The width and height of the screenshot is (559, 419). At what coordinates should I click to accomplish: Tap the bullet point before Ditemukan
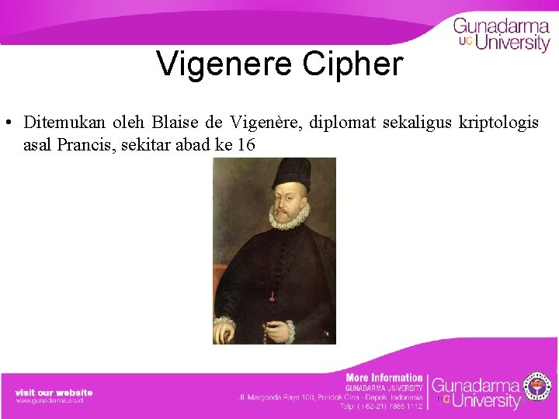tap(6, 123)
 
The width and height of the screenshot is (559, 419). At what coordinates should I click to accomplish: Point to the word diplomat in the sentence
tap(342, 123)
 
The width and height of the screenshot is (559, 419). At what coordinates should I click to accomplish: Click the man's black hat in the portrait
tap(292, 174)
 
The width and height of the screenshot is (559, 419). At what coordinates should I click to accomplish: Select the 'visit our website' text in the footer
tap(54, 393)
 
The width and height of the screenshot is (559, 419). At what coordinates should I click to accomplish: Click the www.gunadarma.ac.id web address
tap(49, 401)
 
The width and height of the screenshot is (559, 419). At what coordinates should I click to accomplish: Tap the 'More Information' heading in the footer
tap(384, 378)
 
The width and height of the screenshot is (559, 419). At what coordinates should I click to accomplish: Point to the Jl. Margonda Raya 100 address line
tap(330, 396)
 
